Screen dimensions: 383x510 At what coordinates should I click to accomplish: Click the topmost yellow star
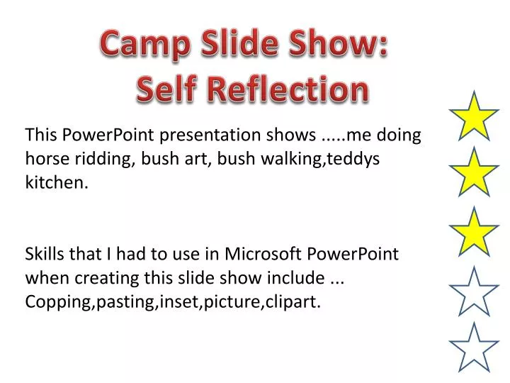(475, 116)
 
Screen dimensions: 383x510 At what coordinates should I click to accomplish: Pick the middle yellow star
(475, 173)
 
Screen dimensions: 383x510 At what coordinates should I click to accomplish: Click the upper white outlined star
(475, 291)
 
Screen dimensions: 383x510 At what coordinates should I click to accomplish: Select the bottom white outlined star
(475, 348)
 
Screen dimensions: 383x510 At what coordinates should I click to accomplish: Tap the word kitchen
(57, 182)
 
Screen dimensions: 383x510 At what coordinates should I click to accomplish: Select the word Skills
(45, 254)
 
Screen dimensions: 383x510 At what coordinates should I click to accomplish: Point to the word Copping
(56, 302)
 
